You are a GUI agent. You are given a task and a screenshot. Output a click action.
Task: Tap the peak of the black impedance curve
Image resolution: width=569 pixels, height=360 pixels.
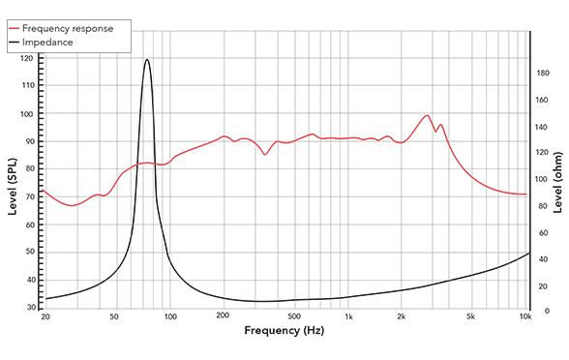[x=147, y=60]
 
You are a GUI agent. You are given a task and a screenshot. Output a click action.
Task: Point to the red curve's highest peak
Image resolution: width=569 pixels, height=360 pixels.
[x=427, y=115]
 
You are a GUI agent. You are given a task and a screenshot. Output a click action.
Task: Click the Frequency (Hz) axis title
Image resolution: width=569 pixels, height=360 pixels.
[x=284, y=331]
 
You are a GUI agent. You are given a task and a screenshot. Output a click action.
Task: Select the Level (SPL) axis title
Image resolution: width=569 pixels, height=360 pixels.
[x=14, y=183]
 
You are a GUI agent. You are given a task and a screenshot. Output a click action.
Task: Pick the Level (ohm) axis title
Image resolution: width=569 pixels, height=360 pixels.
[x=559, y=183]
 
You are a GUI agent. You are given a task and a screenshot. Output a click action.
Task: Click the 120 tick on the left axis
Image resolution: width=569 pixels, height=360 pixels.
[x=26, y=59]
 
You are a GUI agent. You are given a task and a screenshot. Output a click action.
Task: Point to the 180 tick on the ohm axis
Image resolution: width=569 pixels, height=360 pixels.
[x=544, y=74]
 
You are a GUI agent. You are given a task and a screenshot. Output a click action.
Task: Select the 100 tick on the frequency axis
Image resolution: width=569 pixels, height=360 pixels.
[x=170, y=316]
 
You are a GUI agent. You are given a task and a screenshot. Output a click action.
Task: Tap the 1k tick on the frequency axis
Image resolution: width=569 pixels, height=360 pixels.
[x=348, y=316]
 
